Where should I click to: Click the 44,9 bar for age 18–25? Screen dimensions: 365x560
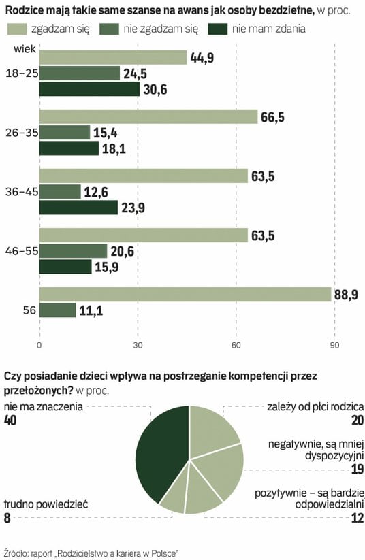[x=113, y=58]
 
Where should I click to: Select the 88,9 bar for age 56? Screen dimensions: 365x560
[x=185, y=294]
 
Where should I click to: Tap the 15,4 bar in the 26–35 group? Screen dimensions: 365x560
[x=65, y=133]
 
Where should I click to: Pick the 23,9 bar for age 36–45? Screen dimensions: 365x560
[x=78, y=208]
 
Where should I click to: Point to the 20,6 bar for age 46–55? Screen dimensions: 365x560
[x=74, y=250]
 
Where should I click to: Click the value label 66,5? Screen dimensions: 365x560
[x=273, y=117]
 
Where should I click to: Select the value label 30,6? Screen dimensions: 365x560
[x=155, y=89]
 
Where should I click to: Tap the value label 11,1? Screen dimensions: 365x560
[x=91, y=310]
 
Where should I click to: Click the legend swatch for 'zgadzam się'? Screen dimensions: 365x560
[x=17, y=29]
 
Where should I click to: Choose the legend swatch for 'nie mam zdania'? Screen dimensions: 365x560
[x=217, y=29]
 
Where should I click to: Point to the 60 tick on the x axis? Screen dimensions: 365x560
[x=236, y=346]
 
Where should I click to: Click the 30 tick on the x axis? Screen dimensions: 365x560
[x=138, y=346]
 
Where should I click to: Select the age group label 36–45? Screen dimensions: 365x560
[x=22, y=192]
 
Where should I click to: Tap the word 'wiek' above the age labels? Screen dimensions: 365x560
[x=25, y=48]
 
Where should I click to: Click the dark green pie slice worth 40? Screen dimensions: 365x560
[x=161, y=454]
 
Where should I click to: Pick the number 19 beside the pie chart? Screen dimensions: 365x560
[x=358, y=469]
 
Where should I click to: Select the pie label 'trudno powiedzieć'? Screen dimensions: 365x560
[x=46, y=504]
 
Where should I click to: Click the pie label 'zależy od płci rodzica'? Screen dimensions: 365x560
[x=315, y=407]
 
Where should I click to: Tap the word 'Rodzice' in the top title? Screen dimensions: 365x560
[x=22, y=10]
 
